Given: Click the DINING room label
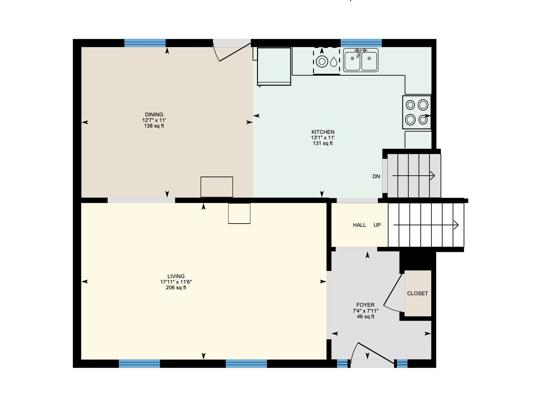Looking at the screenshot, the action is [x=154, y=115].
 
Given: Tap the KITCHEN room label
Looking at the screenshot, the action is [x=323, y=132].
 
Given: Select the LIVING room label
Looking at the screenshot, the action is [x=176, y=276].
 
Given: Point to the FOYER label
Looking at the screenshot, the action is [x=365, y=305].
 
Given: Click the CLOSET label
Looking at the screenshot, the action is [x=417, y=293].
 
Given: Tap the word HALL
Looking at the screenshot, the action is [x=359, y=225].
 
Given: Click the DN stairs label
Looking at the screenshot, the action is [x=376, y=177].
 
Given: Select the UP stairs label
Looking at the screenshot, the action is [x=377, y=225].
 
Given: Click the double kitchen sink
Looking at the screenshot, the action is [x=361, y=60].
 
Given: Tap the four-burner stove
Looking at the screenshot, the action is [x=417, y=112].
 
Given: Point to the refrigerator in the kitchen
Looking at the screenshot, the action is [x=274, y=66].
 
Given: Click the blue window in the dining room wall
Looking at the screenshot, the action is [x=145, y=43].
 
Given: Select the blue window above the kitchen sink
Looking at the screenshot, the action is [x=361, y=43].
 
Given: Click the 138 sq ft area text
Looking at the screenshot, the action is [x=154, y=126].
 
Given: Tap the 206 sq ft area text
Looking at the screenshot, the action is [x=176, y=288].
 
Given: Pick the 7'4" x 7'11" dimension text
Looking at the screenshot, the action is [x=365, y=311].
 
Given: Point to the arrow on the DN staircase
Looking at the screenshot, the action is [x=413, y=176].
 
